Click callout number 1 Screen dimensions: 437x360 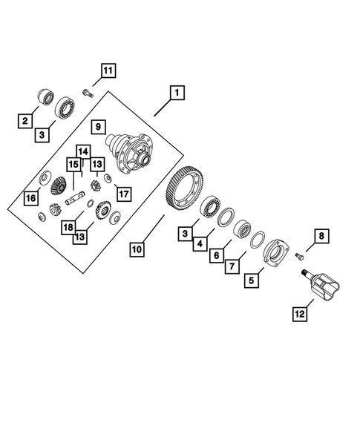(177, 93)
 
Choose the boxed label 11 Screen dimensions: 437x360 (108, 71)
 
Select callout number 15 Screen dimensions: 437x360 (73, 164)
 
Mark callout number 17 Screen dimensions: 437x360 (122, 194)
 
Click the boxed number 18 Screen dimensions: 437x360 (68, 226)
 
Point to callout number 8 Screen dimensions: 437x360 (321, 237)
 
